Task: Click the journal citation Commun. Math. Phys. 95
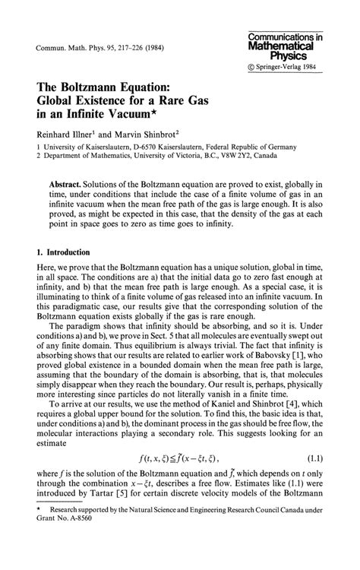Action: pyautogui.click(x=72, y=51)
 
